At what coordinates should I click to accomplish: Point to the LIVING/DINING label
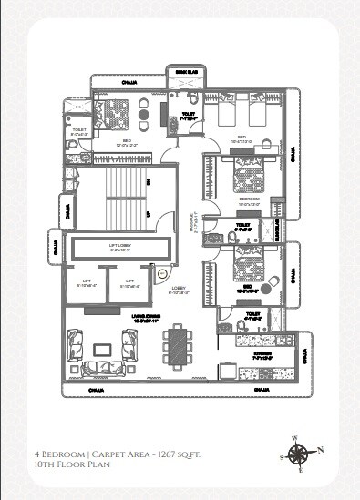tap(123, 318)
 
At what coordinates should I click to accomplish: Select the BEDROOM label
tap(249, 199)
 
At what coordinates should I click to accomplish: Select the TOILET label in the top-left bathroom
tap(79, 131)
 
